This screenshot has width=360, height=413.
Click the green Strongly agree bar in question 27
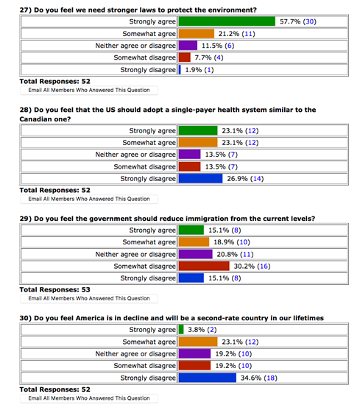[x=227, y=21]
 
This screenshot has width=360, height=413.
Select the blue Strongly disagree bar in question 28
[x=200, y=179]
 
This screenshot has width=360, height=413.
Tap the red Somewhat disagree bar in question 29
[x=204, y=266]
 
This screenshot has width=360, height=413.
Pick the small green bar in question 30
[x=181, y=330]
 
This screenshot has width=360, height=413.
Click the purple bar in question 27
[x=188, y=46]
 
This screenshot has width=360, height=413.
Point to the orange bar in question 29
[x=194, y=241]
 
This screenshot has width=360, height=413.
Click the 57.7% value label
[x=290, y=21]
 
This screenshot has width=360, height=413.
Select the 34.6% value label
[x=251, y=378]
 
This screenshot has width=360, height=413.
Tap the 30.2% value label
[x=244, y=266]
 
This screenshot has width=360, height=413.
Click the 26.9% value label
[x=237, y=179]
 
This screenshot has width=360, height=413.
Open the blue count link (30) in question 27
[x=310, y=21]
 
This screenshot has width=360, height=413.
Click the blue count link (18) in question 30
[x=270, y=378]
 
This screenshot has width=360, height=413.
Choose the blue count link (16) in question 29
[x=264, y=266]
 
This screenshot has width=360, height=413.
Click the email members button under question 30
[x=89, y=398]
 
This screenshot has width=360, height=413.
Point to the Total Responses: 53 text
[x=54, y=290]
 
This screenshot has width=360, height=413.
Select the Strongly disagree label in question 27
[x=148, y=70]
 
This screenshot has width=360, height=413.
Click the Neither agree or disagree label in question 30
[x=135, y=353]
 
